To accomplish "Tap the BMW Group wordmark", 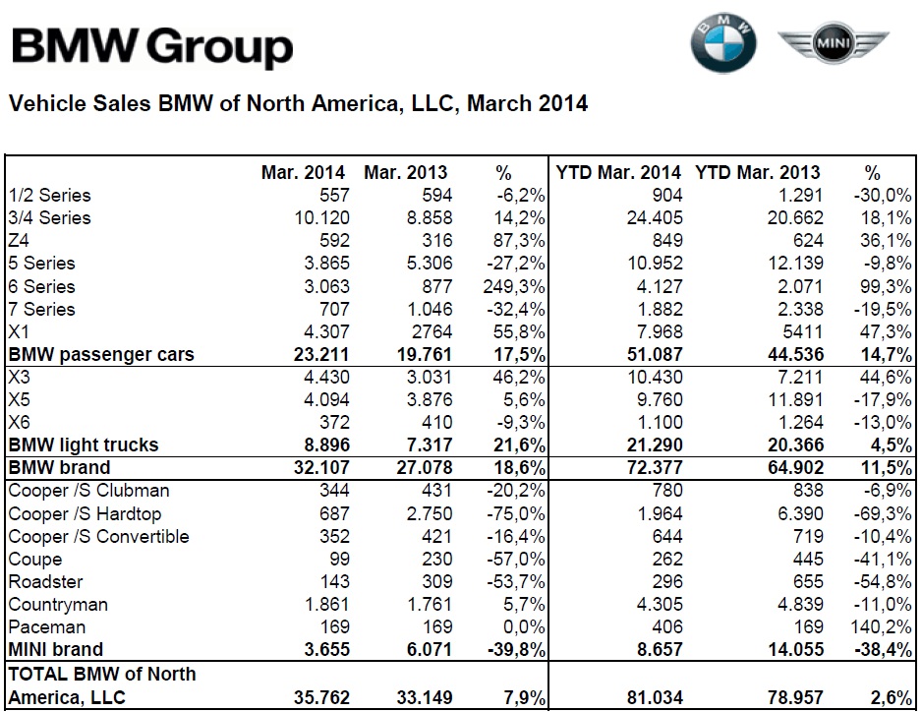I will pyautogui.click(x=151, y=46).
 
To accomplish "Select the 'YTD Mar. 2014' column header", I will pyautogui.click(x=618, y=173).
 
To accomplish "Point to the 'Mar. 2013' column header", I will pyautogui.click(x=409, y=173).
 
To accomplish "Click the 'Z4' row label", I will pyautogui.click(x=20, y=241).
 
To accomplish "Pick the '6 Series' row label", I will pyautogui.click(x=41, y=286).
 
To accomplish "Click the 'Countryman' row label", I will pyautogui.click(x=57, y=605).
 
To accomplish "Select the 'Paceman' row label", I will pyautogui.click(x=46, y=626).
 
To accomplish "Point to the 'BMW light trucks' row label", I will pyautogui.click(x=83, y=445).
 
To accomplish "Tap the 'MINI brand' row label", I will pyautogui.click(x=55, y=649).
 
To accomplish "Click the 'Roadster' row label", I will pyautogui.click(x=45, y=581).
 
